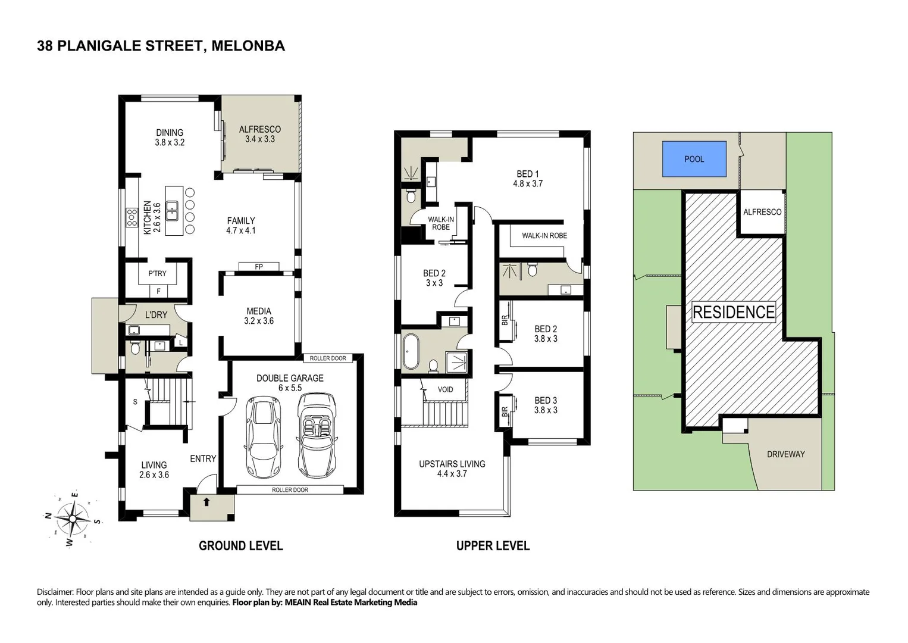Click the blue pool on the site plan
694,159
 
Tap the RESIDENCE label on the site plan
734,312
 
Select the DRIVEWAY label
785,454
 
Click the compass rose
73,519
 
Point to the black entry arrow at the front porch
206,502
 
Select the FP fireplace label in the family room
259,267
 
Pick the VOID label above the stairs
445,389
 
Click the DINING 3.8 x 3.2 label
170,138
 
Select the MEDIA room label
259,316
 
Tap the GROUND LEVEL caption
240,545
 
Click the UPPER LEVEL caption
493,545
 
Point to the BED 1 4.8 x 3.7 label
528,179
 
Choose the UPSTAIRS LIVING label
452,469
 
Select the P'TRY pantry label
157,273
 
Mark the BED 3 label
546,405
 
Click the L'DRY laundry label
156,314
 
